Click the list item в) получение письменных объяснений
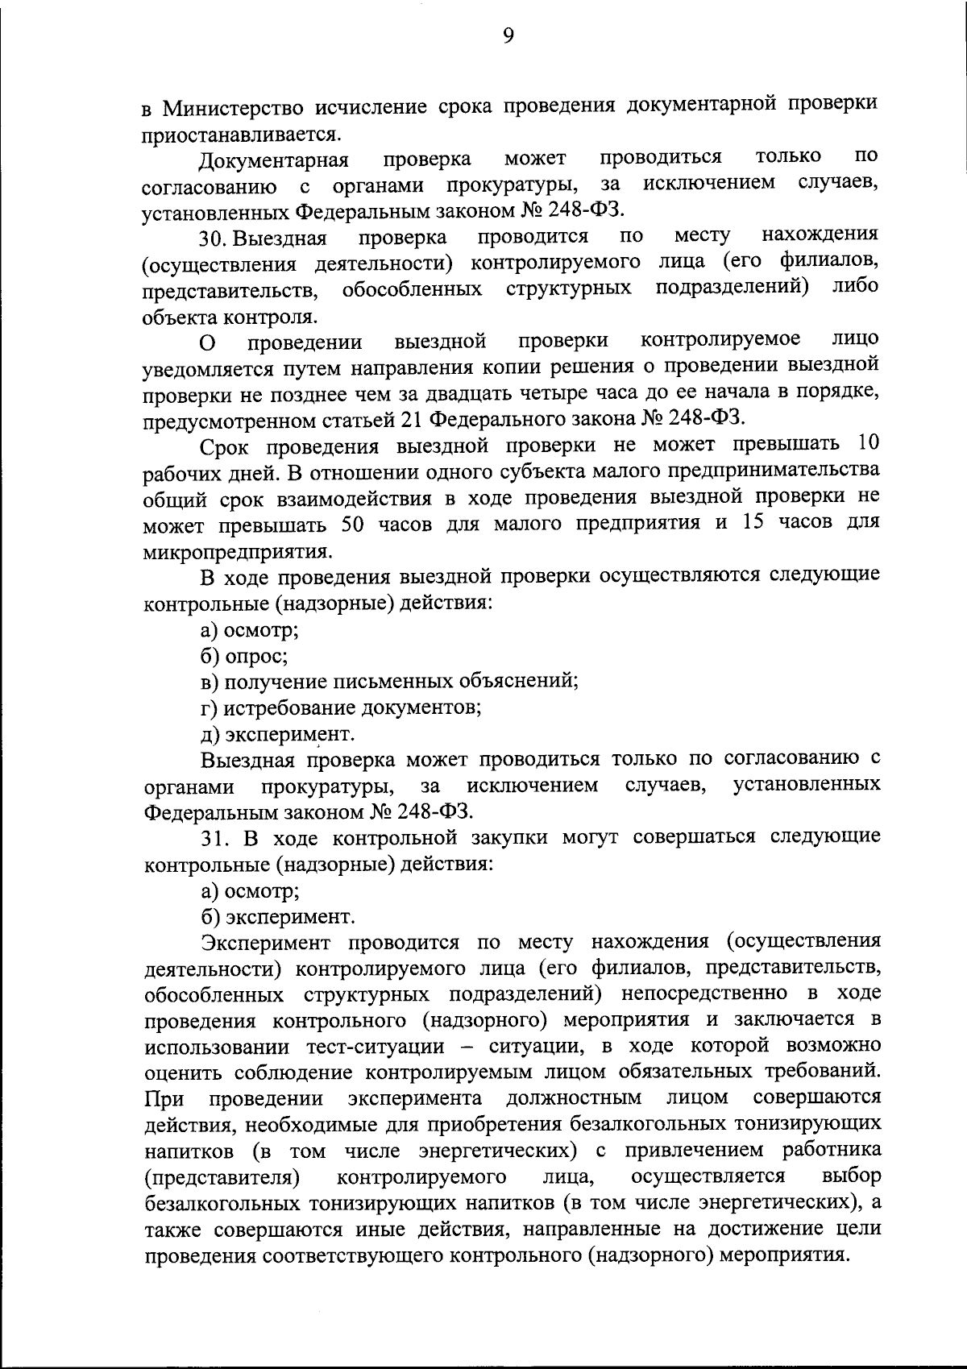click(x=389, y=682)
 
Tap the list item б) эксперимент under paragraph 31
click(x=277, y=917)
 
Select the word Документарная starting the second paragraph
click(x=273, y=160)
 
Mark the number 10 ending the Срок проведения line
click(x=867, y=446)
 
